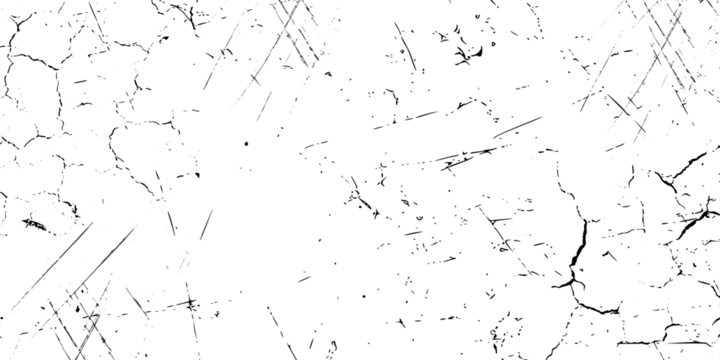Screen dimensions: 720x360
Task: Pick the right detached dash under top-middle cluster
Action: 293,104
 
